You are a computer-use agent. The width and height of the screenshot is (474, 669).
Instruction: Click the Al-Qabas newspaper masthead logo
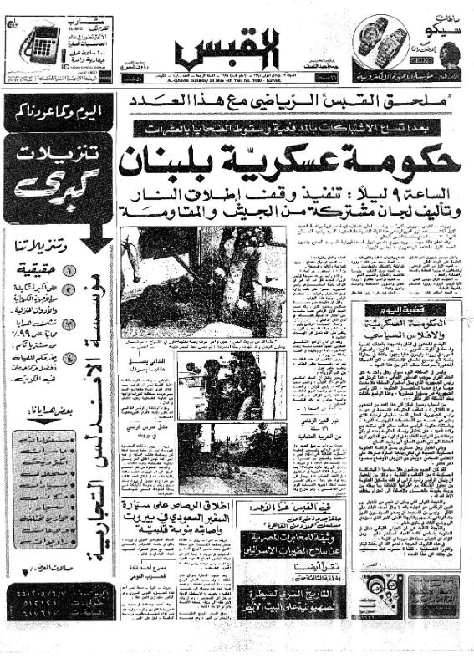[237, 54]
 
